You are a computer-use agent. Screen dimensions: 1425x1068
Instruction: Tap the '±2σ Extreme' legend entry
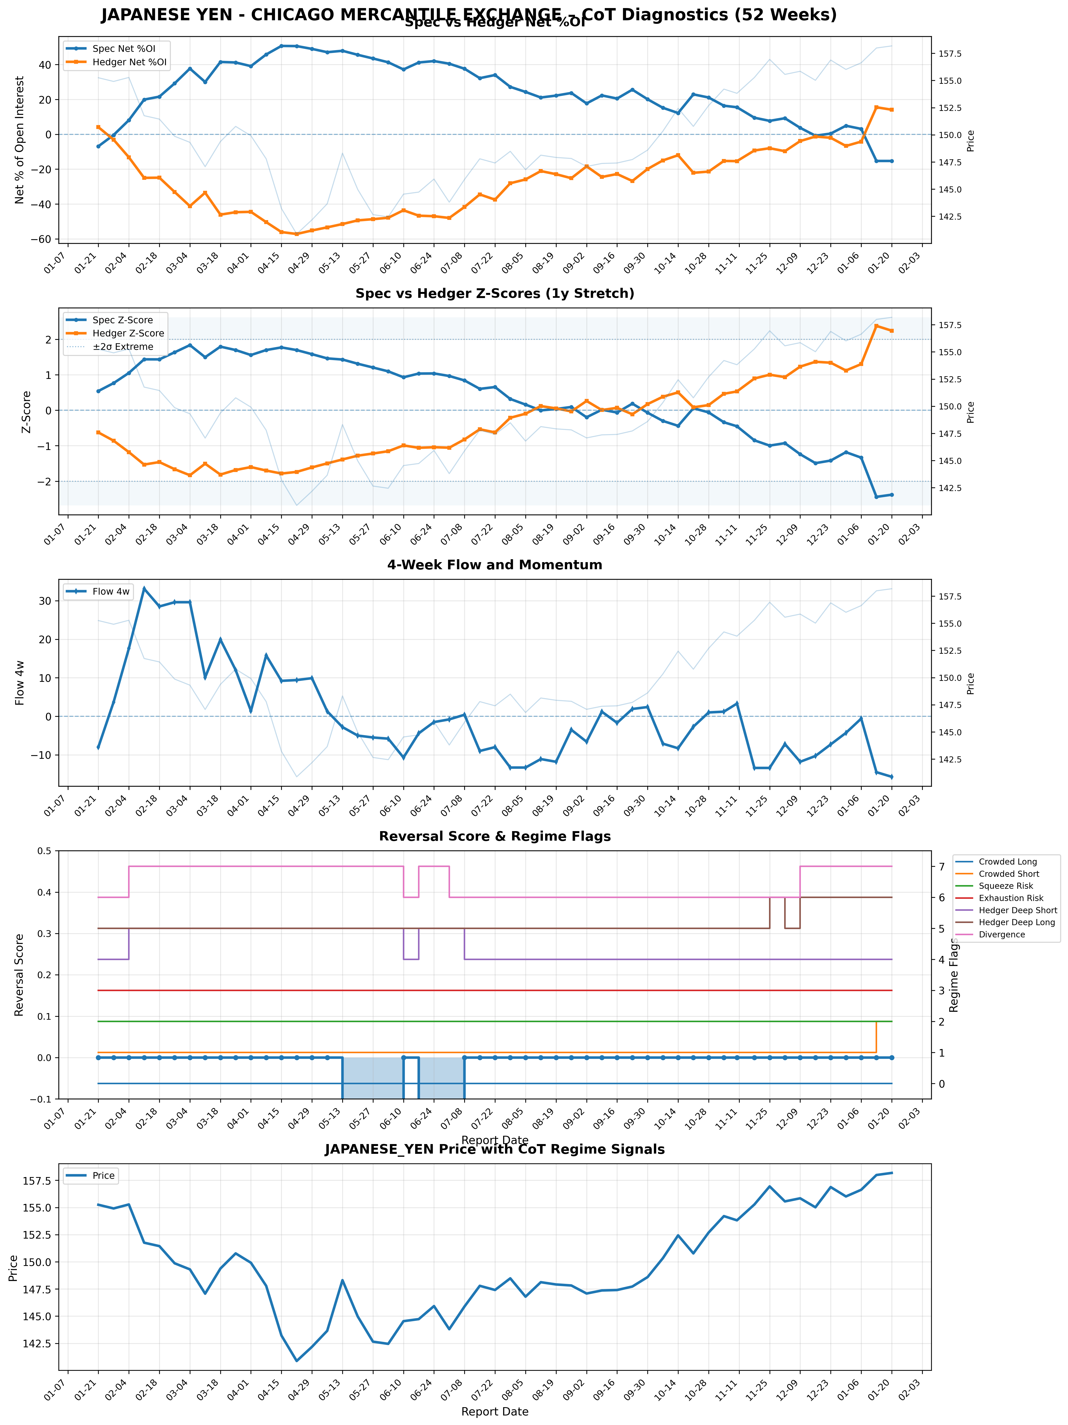click(x=122, y=347)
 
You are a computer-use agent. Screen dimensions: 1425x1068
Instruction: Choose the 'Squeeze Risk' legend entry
click(x=1005, y=886)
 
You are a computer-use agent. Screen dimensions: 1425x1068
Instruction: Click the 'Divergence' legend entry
click(x=1001, y=934)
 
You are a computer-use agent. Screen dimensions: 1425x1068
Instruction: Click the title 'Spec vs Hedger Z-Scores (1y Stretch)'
click(x=494, y=294)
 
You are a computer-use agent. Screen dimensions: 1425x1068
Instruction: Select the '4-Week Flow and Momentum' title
click(x=494, y=565)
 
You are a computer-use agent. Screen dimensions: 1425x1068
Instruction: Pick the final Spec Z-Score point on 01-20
click(x=892, y=495)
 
